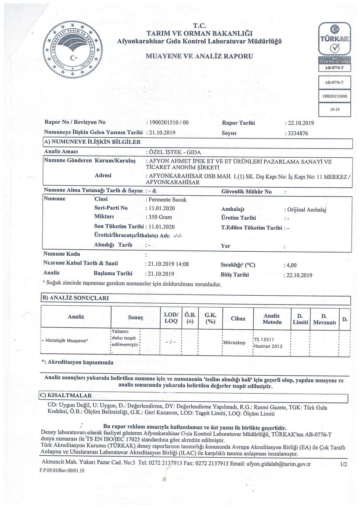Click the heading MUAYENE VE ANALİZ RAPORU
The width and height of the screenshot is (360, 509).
point(199,56)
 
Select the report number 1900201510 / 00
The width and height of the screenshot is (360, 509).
point(168,122)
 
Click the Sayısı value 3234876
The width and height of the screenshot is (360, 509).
point(296,134)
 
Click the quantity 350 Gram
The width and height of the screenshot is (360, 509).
point(160,217)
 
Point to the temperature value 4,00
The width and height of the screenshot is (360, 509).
point(290,265)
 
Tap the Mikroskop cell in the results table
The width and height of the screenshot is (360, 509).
point(234,343)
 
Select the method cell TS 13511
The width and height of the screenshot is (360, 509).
point(263,339)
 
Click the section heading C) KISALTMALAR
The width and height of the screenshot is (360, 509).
point(67,395)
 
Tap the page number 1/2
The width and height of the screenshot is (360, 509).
point(343,464)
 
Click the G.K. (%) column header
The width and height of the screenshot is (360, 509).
point(210,319)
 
